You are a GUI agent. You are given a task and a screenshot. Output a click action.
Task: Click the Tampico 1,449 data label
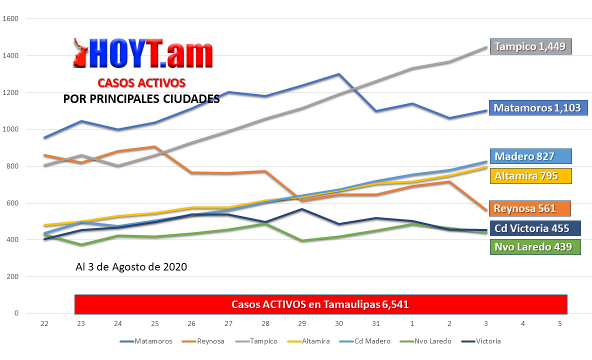point(530,46)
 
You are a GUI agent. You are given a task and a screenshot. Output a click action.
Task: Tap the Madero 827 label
point(530,156)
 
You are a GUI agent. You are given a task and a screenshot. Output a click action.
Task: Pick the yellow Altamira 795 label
point(530,176)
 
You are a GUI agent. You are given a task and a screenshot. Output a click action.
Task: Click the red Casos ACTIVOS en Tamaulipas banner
point(320,304)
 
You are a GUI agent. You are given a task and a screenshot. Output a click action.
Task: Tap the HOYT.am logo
point(143,53)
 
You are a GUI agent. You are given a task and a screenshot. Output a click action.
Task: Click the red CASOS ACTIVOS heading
point(141,82)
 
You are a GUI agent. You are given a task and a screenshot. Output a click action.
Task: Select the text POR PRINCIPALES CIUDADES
point(141,99)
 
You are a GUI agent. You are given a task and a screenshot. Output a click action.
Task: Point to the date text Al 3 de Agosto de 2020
point(131,267)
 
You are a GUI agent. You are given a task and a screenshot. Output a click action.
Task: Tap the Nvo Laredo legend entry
point(426,341)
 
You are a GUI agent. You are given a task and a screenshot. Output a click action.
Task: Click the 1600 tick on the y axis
point(10,19)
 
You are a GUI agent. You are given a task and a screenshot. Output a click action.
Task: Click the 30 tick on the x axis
point(339,324)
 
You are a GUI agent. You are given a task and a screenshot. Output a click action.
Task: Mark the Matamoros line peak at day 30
point(339,74)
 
